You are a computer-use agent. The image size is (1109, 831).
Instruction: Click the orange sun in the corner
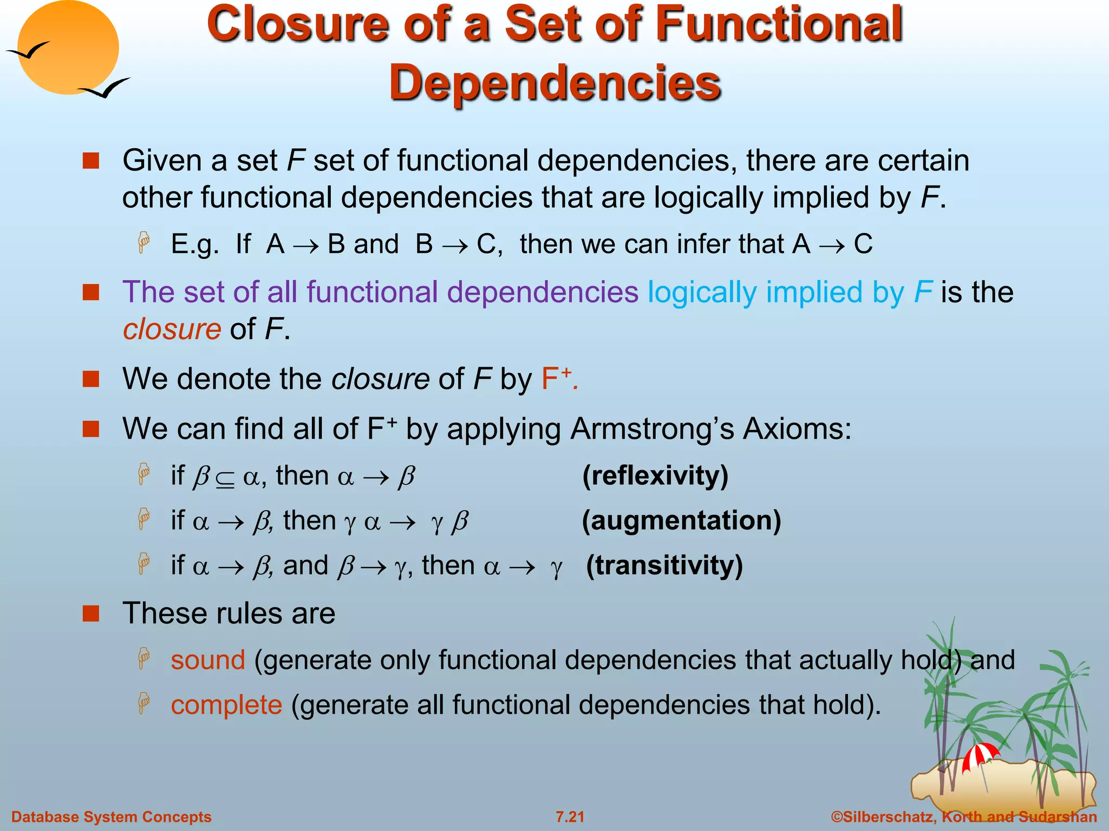[x=68, y=48]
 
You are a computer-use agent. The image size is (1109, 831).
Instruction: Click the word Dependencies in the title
[x=554, y=82]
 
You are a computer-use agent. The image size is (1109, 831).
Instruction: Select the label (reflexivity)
[x=655, y=476]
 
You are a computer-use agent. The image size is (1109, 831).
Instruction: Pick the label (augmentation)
[x=681, y=521]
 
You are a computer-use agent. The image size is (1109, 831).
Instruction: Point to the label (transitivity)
[x=664, y=566]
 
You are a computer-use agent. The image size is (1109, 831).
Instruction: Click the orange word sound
[x=208, y=660]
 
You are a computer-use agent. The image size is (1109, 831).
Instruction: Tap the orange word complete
[x=226, y=705]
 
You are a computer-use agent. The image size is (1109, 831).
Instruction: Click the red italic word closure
[x=172, y=329]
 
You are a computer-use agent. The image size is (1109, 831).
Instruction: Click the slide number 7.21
[x=570, y=817]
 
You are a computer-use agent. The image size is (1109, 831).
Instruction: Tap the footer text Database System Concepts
[x=112, y=817]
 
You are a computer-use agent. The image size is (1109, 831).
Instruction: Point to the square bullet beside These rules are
[x=91, y=614]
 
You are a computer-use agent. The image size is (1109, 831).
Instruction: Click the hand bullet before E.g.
[x=144, y=243]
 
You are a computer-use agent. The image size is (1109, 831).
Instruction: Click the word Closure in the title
[x=298, y=24]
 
